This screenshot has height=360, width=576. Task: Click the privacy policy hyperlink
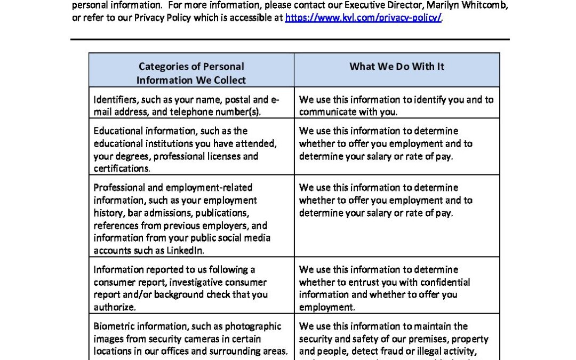[x=364, y=18]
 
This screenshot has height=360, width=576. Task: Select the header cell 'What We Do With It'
[x=397, y=67]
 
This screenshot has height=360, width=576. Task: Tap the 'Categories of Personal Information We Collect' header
[x=191, y=73]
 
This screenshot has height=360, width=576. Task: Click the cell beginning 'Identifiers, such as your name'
[x=191, y=106]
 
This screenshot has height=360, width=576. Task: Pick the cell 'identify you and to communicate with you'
[x=397, y=106]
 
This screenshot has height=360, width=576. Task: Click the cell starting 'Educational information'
[x=191, y=149]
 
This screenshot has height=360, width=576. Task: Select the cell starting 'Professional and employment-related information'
[x=191, y=219]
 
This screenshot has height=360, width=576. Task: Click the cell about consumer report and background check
[x=191, y=288]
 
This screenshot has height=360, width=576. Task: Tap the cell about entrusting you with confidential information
[x=397, y=288]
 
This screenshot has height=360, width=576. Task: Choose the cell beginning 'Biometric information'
[x=191, y=339]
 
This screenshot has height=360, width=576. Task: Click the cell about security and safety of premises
[x=397, y=339]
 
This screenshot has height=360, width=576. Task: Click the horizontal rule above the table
[x=290, y=39]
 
